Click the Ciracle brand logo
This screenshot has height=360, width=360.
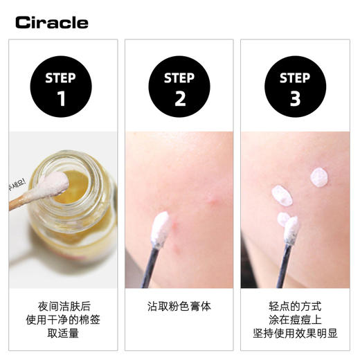pyautogui.click(x=52, y=23)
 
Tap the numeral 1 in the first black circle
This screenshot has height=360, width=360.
pyautogui.click(x=62, y=98)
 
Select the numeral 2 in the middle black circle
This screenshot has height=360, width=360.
pyautogui.click(x=179, y=98)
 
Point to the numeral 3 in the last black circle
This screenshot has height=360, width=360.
pyautogui.click(x=295, y=98)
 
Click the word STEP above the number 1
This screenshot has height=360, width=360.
pyautogui.click(x=62, y=78)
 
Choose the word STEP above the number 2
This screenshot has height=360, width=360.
pyautogui.click(x=179, y=78)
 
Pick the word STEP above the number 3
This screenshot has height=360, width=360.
pyautogui.click(x=295, y=78)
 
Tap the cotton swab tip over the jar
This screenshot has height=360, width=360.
pyautogui.click(x=57, y=183)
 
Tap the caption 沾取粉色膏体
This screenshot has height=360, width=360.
pyautogui.click(x=179, y=306)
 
